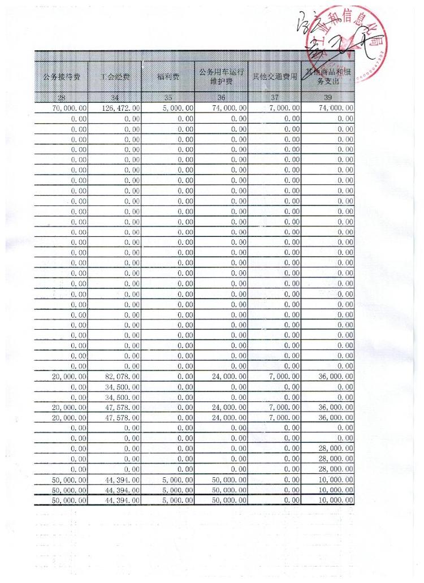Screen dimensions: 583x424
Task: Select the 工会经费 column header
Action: coord(115,77)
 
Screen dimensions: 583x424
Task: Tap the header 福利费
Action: coord(168,77)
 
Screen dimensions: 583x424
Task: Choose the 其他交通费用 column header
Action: coord(275,77)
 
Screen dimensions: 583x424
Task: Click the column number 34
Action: coord(115,98)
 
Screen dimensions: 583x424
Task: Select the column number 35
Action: coord(168,98)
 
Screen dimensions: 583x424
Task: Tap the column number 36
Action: coord(221,98)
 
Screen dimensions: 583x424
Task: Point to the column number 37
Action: coord(275,98)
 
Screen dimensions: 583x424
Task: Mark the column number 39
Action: coord(328,98)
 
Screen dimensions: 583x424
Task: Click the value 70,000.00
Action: coord(69,108)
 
